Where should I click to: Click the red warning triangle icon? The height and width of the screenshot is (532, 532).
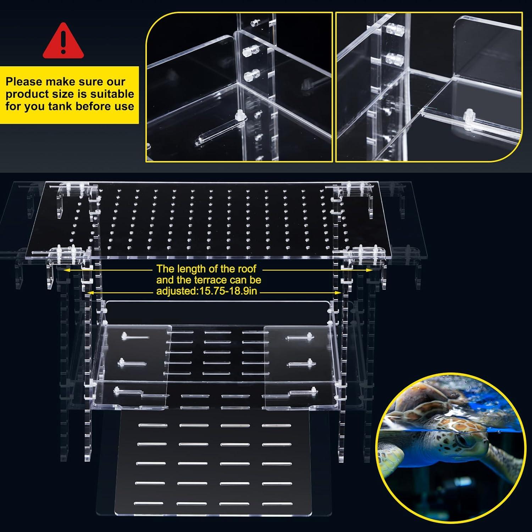coord(63,42)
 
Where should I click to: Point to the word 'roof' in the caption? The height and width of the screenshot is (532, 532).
coord(244,268)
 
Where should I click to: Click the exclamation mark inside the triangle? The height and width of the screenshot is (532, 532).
coord(63,40)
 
